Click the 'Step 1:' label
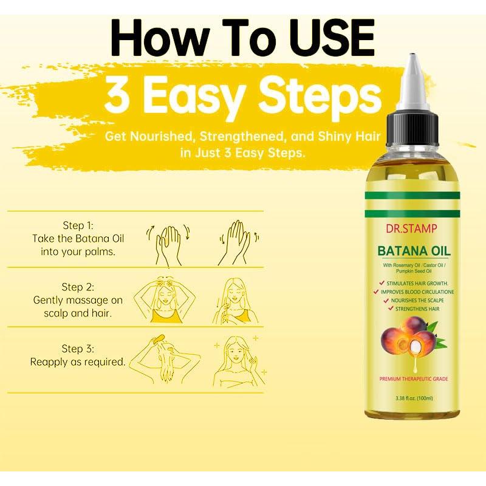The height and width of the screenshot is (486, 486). [78, 225]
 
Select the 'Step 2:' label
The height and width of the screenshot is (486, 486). [78, 286]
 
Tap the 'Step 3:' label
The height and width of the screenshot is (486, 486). [78, 348]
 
